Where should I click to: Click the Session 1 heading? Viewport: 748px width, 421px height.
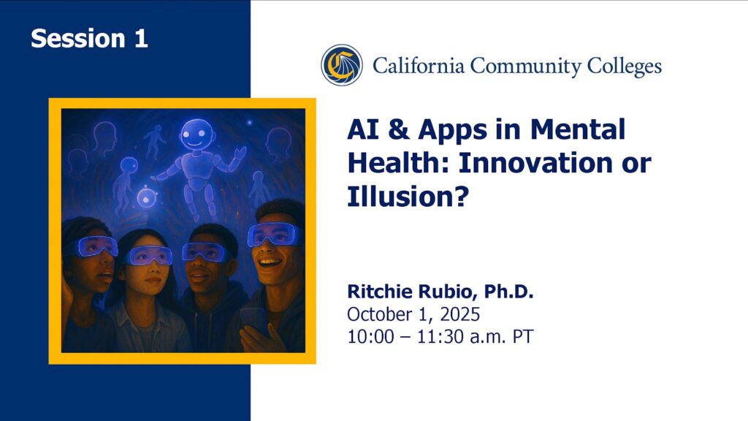pos(89,38)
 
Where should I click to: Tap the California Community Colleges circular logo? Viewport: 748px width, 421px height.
pos(342,65)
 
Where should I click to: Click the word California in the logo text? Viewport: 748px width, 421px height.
pos(419,65)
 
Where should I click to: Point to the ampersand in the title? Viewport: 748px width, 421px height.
pos(399,129)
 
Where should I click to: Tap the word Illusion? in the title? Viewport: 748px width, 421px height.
pos(408,196)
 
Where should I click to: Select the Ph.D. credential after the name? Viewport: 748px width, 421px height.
pos(509,291)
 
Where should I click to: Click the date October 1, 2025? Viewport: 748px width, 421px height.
pos(413,314)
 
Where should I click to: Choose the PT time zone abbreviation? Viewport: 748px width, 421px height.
pos(523,336)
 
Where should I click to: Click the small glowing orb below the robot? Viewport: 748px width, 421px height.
pos(146,197)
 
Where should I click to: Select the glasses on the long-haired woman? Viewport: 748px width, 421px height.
pos(149,256)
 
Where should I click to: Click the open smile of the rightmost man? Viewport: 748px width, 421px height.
pos(270,263)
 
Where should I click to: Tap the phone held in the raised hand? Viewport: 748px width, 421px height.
pos(253,320)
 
